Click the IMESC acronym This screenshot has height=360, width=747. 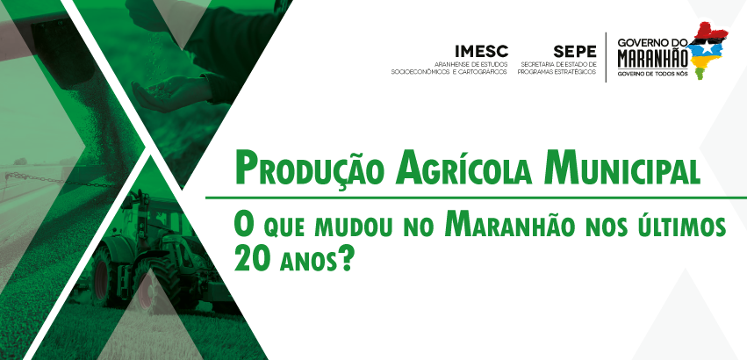[482, 51]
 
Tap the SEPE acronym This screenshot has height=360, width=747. [575, 51]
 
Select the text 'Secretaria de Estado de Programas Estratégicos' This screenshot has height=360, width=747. [557, 68]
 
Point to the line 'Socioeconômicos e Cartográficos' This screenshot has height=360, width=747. [449, 71]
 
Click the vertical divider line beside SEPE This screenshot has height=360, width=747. [606, 57]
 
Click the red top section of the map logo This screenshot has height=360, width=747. [711, 31]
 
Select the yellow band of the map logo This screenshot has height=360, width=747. [705, 62]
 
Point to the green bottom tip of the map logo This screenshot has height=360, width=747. [700, 74]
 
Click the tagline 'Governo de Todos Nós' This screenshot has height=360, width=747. [652, 74]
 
